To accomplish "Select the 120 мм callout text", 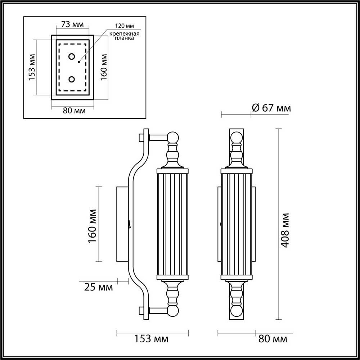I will pyautogui.click(x=122, y=26).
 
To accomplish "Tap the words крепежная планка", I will pyautogui.click(x=124, y=36).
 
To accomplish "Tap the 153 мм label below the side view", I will pyautogui.click(x=151, y=339).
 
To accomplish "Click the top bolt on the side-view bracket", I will pyautogui.click(x=141, y=137).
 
